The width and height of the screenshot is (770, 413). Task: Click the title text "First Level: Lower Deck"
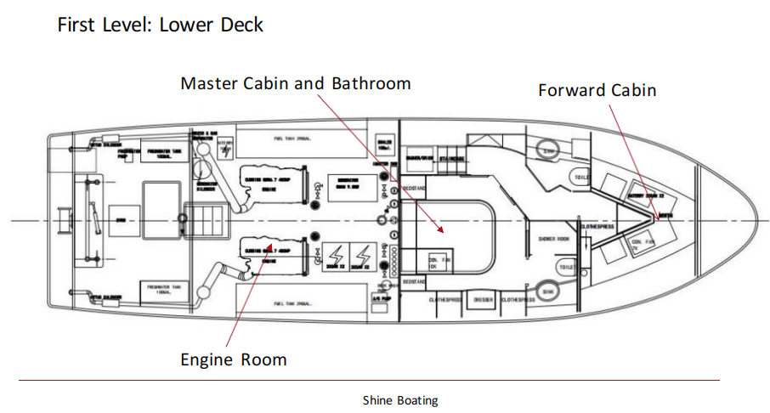pos(160,25)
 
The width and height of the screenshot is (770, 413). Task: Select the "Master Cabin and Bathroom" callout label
pos(296,83)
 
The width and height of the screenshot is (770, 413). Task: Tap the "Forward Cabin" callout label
pos(597,90)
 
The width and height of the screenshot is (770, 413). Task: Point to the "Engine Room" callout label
pos(233,359)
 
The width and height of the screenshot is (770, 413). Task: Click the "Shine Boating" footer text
pos(400,399)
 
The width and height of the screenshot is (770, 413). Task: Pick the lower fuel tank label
pos(295,303)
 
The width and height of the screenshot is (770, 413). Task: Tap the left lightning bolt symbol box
pos(334,257)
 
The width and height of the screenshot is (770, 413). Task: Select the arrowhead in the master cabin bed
pos(440,229)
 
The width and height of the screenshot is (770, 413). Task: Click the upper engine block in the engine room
pos(271,182)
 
